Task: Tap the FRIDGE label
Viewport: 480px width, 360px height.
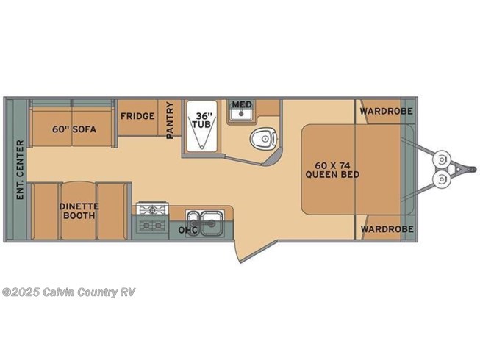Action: (137, 117)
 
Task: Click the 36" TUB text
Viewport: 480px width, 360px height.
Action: (202, 120)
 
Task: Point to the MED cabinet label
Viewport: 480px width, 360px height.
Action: (242, 105)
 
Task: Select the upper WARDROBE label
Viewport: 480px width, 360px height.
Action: (386, 111)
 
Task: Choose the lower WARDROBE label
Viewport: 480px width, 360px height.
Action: (386, 229)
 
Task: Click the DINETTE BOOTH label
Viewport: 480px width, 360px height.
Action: (79, 212)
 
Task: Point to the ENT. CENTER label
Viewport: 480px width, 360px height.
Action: (20, 169)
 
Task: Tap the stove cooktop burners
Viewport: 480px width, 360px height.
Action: (153, 217)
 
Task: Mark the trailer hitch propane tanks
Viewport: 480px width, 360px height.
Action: (443, 169)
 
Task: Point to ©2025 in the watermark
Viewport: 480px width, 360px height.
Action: (17, 292)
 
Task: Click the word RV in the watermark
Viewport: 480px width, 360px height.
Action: (127, 292)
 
